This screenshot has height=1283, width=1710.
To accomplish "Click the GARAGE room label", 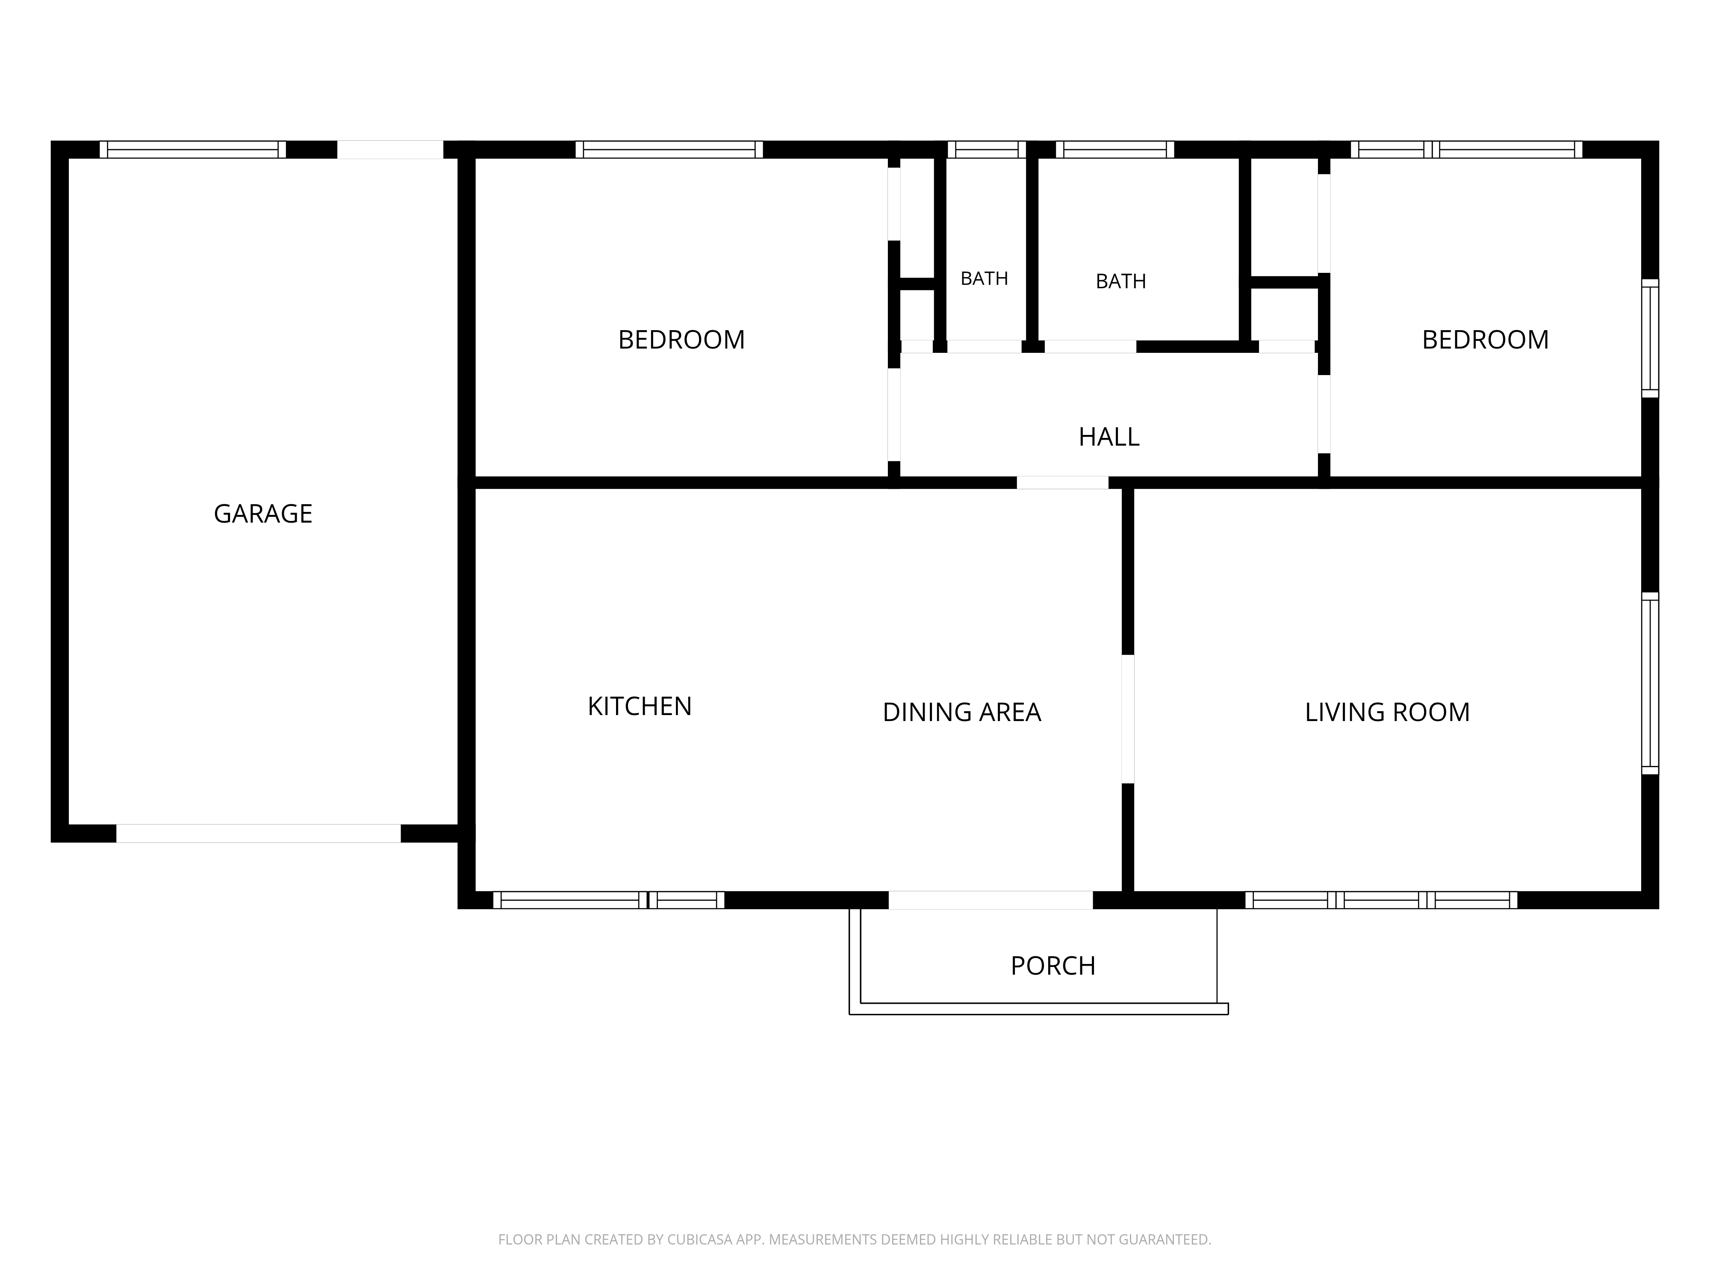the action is (263, 514).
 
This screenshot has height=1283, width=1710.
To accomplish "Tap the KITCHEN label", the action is (639, 706).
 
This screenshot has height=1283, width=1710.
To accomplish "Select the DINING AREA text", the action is (962, 712).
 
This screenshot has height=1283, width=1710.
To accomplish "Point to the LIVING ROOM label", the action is (1387, 712).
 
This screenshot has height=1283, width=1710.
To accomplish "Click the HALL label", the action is (1109, 437).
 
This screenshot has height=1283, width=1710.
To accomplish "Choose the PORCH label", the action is (1053, 966).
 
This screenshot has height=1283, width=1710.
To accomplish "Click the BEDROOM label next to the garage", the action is (681, 340).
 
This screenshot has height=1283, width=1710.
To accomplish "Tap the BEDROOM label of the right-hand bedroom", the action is (1485, 340).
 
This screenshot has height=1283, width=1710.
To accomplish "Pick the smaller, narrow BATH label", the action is (984, 278).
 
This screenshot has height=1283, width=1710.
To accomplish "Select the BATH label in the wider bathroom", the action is (1121, 281).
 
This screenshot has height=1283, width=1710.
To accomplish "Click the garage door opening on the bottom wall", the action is (258, 834).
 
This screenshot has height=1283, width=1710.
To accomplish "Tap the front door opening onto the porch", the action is (990, 900).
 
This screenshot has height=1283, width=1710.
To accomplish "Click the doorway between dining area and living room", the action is (1128, 719).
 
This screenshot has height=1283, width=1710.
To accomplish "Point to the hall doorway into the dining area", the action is (1062, 482).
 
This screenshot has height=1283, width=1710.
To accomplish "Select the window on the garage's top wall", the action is (192, 149).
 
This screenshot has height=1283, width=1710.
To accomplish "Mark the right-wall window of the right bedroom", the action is (1650, 338).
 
